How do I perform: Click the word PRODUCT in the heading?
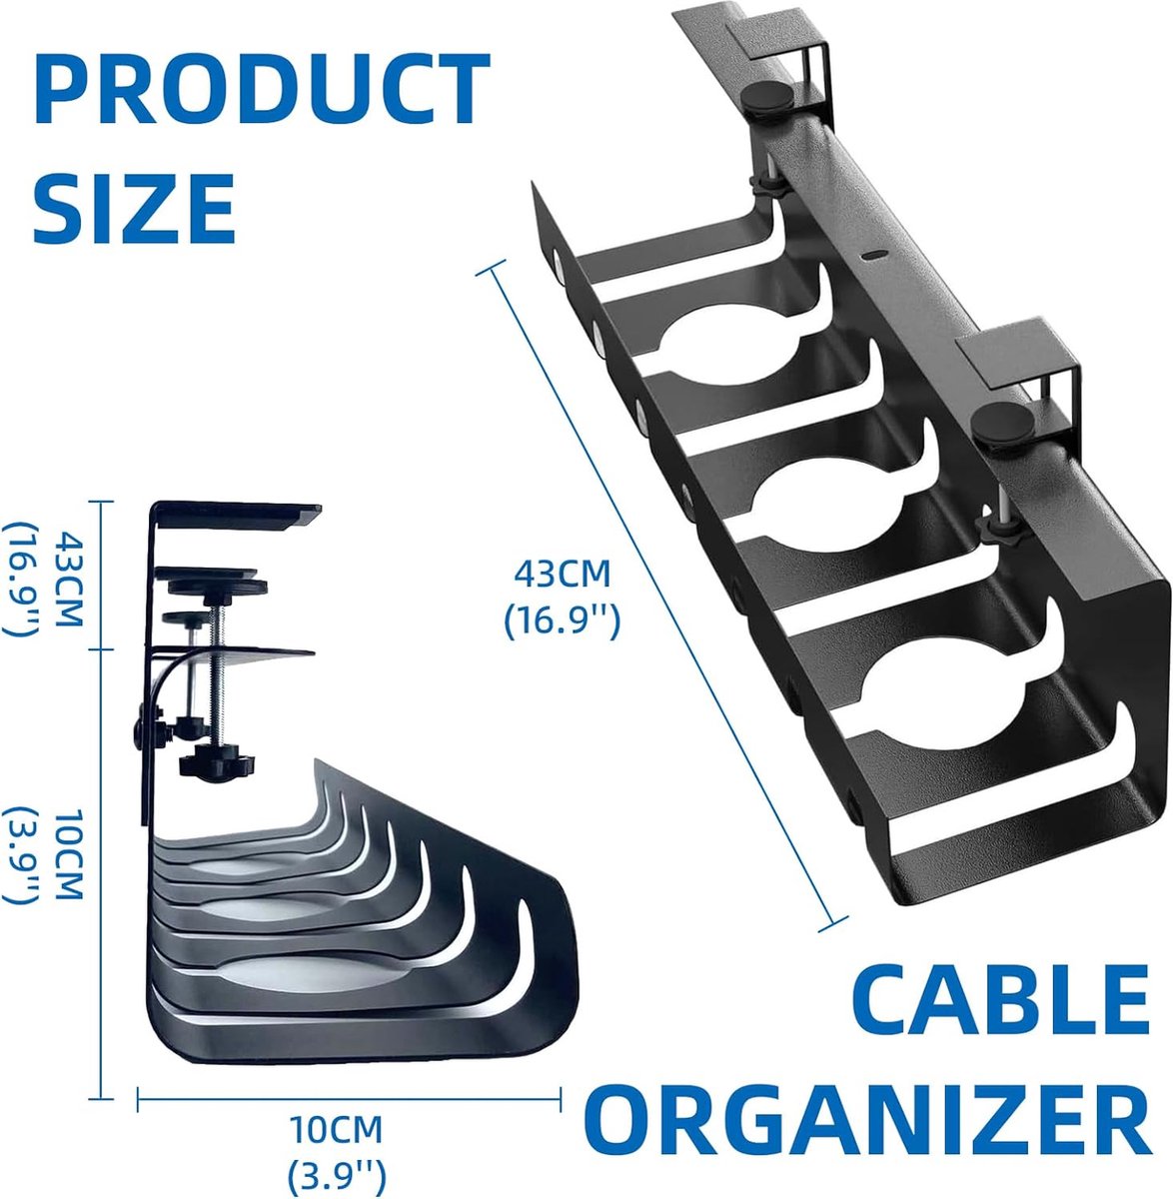[x=262, y=88]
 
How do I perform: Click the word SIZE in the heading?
[x=134, y=210]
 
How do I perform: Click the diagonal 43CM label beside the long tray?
[x=562, y=573]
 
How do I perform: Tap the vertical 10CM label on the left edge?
[x=69, y=853]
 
